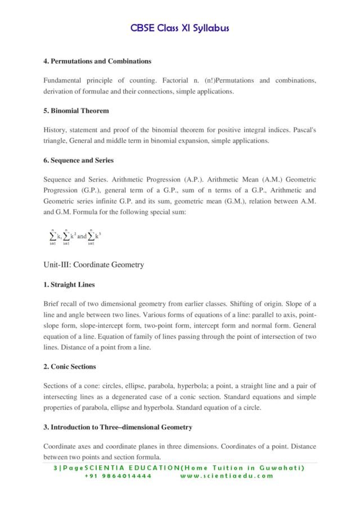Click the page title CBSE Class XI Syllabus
(x=180, y=28)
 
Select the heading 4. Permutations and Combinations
(x=97, y=61)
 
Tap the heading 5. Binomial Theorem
(x=76, y=111)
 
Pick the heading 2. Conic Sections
(x=70, y=366)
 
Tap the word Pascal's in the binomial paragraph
(x=304, y=130)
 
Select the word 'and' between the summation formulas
(x=82, y=237)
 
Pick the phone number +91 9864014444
(x=118, y=475)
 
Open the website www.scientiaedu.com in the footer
(x=227, y=475)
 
